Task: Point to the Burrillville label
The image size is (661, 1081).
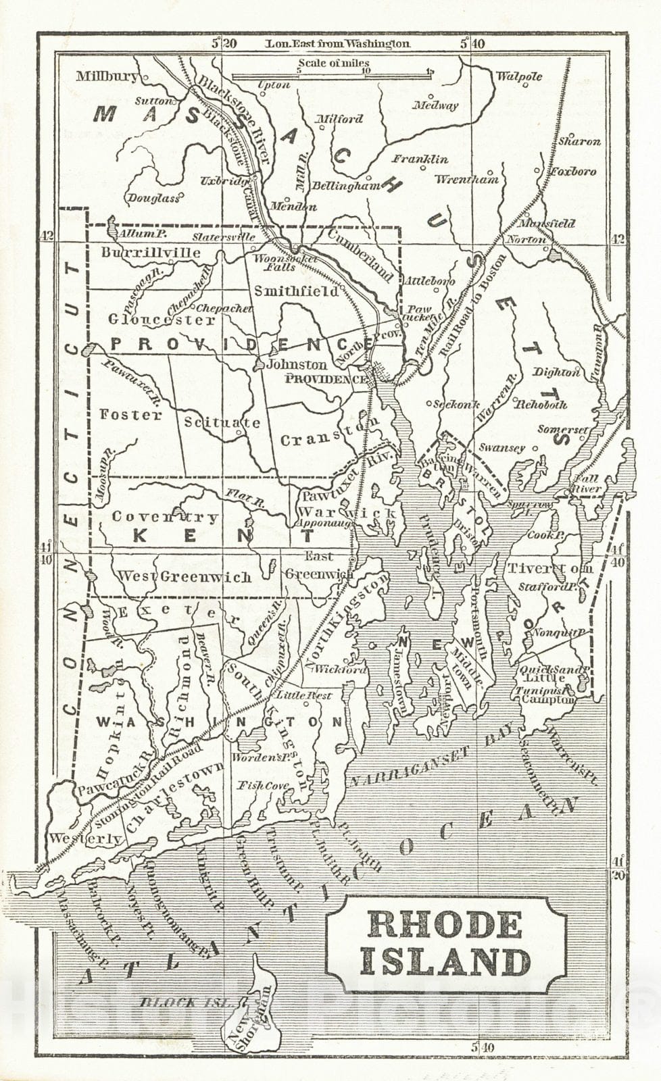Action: [x=151, y=253]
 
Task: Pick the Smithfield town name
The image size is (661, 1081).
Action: [x=296, y=291]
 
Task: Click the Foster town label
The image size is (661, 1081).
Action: [x=130, y=415]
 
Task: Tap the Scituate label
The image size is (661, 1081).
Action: [x=222, y=423]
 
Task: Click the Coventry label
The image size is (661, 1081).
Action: [x=165, y=517]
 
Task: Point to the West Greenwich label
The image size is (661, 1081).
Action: [x=185, y=576]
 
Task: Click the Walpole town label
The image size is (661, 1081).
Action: [x=519, y=76]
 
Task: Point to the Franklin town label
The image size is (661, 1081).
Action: [x=420, y=159]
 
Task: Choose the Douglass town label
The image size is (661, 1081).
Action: [x=153, y=198]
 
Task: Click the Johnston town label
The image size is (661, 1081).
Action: [x=297, y=364]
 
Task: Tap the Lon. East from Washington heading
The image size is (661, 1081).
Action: [x=337, y=43]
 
